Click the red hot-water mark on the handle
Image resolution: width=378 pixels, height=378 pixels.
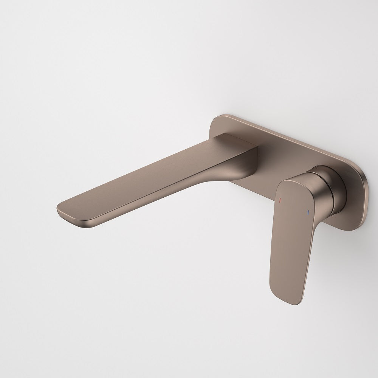pyautogui.click(x=280, y=199)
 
